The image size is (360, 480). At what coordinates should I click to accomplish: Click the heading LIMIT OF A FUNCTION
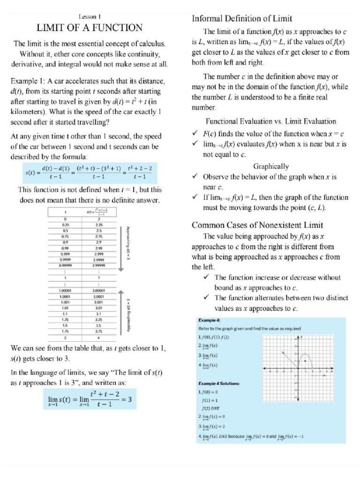[90, 27]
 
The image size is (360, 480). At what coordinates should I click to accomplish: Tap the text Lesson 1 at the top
[90, 16]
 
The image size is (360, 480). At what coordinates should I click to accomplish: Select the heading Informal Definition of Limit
[242, 19]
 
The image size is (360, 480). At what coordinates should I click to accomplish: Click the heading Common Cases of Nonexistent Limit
[255, 225]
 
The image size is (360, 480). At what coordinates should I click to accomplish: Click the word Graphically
[271, 166]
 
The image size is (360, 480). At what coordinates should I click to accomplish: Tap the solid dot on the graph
[305, 361]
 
